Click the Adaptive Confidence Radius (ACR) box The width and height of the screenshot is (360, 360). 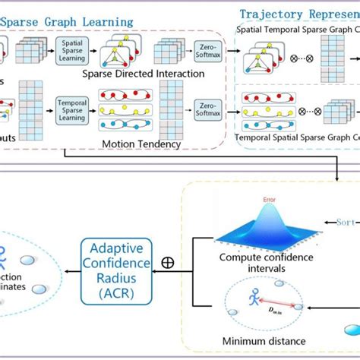tap(115, 262)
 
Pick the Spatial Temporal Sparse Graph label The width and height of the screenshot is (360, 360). tap(296, 30)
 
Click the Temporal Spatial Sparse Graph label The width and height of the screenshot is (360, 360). tap(296, 138)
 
